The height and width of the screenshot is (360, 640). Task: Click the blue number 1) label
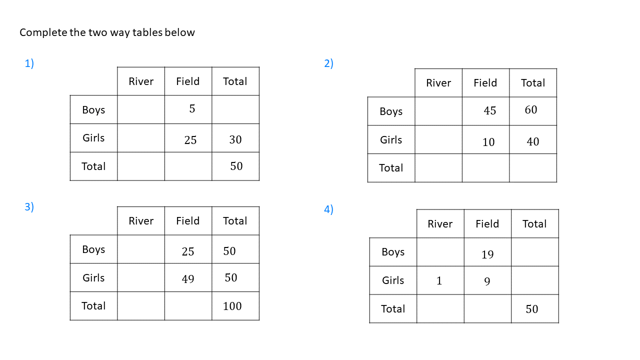[x=29, y=63]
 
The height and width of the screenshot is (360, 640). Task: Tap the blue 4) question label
[x=328, y=209]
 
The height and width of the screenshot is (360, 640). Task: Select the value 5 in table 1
[x=192, y=108]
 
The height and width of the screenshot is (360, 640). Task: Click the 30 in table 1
[x=235, y=139]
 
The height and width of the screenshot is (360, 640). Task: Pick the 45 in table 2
[x=489, y=110]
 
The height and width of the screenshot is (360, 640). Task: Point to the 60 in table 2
[x=531, y=109]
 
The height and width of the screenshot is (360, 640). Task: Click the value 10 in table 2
[x=488, y=142]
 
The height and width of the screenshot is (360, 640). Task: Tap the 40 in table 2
[x=533, y=141]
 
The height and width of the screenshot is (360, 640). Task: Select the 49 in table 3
[x=187, y=279]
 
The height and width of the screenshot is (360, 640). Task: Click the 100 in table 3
[x=232, y=306]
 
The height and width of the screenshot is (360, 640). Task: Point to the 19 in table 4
[x=487, y=254]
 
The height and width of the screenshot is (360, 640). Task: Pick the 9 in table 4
[x=487, y=281]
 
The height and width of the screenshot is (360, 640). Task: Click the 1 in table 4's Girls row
[x=439, y=280]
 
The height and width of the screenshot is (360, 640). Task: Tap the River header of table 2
[x=438, y=83]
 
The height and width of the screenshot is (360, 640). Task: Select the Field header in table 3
[x=187, y=221]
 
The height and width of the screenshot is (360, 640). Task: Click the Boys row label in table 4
[x=393, y=252]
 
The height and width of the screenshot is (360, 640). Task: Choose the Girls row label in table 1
[x=93, y=138]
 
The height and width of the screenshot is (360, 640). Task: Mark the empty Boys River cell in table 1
[x=141, y=109]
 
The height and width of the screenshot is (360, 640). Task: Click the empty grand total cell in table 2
[x=533, y=168]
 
